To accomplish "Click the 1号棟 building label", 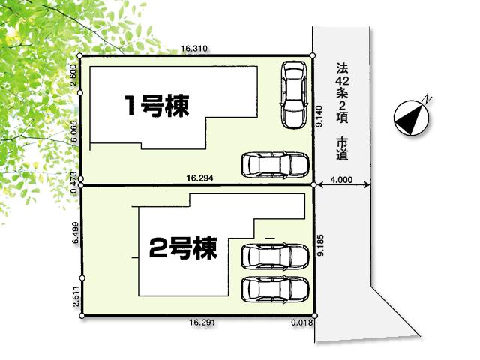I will [157, 106].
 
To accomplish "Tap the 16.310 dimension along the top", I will [194, 49].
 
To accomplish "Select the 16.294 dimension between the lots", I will [200, 178].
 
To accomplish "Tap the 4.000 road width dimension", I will [340, 179].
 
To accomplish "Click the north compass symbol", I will [411, 115].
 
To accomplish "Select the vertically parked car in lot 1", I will [293, 94].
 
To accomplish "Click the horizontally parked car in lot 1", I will [274, 164].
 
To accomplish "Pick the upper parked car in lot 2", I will [274, 256].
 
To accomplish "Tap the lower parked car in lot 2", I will [274, 288].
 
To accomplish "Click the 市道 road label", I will [342, 149].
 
